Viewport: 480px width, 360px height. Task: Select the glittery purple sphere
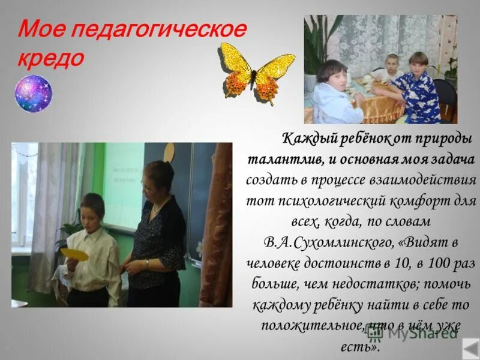point(34,94)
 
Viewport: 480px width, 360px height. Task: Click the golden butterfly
point(257,70)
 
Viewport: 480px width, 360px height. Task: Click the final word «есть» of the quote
point(363,347)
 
